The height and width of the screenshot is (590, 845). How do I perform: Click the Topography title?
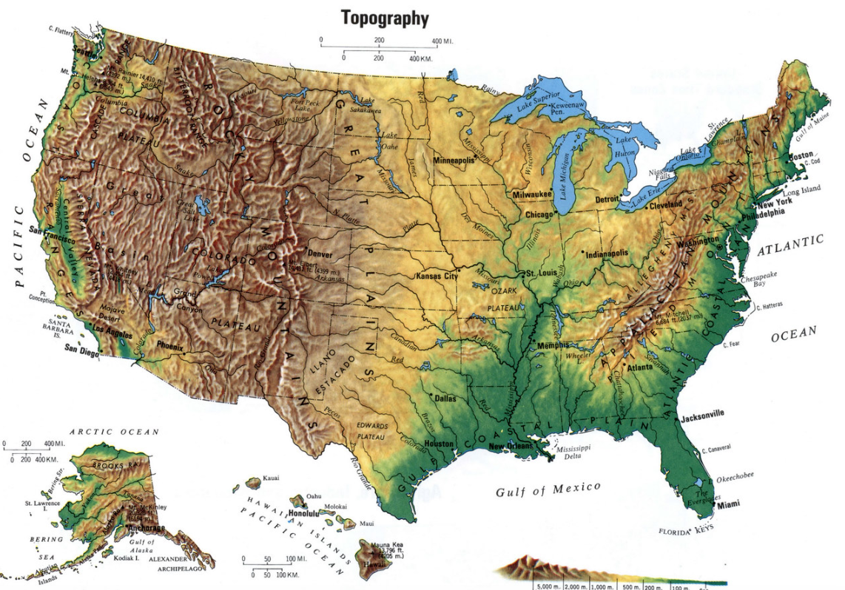[x=385, y=17]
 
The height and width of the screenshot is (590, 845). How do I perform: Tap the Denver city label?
[x=314, y=254]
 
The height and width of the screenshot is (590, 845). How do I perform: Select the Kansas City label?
[x=437, y=276]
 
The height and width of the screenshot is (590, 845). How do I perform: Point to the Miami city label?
[x=728, y=504]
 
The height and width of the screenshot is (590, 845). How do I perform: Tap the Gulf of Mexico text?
[x=548, y=489]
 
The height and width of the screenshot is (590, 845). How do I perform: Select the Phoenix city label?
[x=170, y=345]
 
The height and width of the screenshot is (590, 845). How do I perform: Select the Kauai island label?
[x=271, y=479]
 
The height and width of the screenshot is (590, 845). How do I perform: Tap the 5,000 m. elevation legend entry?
[x=549, y=586]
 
